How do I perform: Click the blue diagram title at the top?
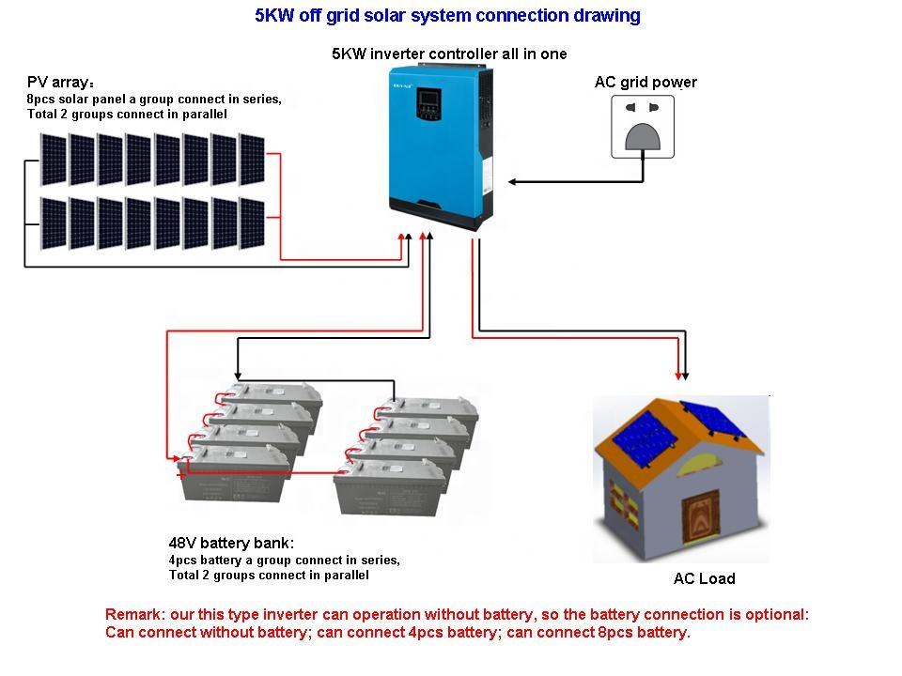tap(447, 16)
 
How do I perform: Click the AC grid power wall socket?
tap(643, 127)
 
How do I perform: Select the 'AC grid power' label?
tap(645, 83)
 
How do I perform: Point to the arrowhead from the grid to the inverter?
tap(512, 182)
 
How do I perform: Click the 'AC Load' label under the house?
tap(704, 578)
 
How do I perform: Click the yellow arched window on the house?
tap(698, 466)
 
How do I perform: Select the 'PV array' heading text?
tap(60, 83)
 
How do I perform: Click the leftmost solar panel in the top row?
tap(54, 160)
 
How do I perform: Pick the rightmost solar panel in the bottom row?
tap(252, 223)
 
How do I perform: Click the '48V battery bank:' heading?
tap(231, 544)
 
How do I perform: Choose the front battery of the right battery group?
tap(391, 486)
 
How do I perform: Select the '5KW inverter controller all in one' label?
tap(449, 54)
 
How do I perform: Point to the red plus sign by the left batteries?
tap(181, 475)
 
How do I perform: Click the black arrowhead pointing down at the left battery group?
tap(238, 375)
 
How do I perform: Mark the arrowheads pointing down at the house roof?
tap(682, 376)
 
